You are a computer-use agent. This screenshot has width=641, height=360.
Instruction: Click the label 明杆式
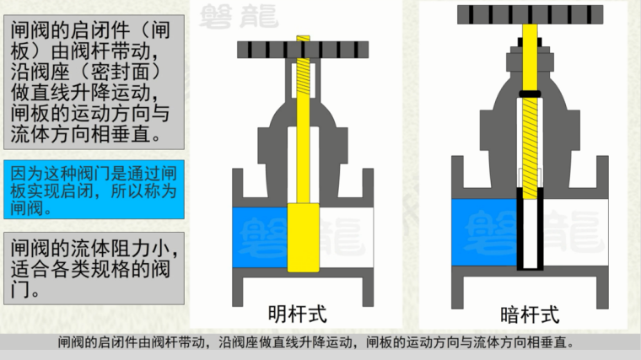298,314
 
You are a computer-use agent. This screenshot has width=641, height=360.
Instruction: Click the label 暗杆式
530,315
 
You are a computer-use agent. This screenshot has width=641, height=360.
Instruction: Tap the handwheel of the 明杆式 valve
303,50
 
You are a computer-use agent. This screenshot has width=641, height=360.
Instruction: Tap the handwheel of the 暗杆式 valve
531,14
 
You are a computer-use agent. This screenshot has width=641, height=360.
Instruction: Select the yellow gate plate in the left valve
304,238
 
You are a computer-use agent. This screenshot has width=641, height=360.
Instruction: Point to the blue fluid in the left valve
260,238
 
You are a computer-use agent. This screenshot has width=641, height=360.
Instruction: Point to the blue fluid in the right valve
484,232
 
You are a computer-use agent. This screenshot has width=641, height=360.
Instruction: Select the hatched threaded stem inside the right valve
531,148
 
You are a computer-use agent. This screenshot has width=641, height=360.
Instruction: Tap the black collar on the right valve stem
530,94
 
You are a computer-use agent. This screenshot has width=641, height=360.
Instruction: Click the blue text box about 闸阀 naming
94,190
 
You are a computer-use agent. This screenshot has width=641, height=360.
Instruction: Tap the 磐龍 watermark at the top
239,16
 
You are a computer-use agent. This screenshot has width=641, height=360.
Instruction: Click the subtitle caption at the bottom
315,342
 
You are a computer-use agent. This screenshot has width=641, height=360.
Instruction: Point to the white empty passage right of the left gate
347,238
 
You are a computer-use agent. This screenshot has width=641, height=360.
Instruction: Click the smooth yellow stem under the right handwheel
531,57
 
